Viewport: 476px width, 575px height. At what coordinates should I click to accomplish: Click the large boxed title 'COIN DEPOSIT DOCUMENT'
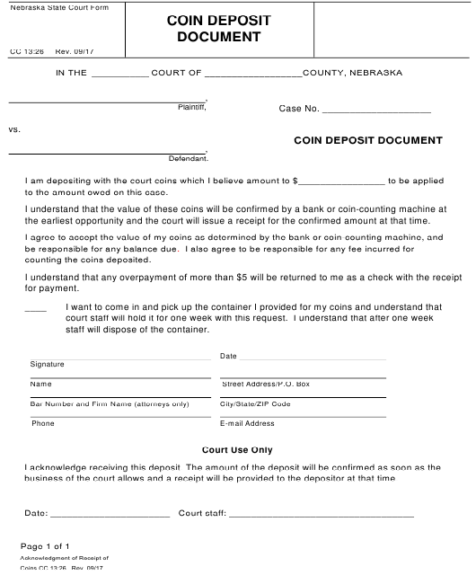[218, 29]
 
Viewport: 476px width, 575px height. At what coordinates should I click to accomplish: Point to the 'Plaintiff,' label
[192, 108]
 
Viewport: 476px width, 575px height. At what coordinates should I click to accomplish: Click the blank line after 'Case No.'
[376, 111]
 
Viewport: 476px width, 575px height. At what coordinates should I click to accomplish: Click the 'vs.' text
[14, 129]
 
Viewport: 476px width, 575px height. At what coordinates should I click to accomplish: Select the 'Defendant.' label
[189, 159]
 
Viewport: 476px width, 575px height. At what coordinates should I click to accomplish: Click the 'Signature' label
[48, 365]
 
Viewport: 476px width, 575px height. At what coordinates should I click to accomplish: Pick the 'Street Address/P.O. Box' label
[265, 385]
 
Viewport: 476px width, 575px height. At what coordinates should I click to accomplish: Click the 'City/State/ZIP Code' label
[255, 404]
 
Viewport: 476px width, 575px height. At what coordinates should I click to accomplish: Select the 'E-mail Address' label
[247, 423]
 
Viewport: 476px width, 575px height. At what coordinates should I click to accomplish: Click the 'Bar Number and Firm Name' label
[97, 404]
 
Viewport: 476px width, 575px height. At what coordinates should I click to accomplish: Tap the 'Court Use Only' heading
[237, 449]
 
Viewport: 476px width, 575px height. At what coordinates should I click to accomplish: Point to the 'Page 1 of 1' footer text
[45, 546]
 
